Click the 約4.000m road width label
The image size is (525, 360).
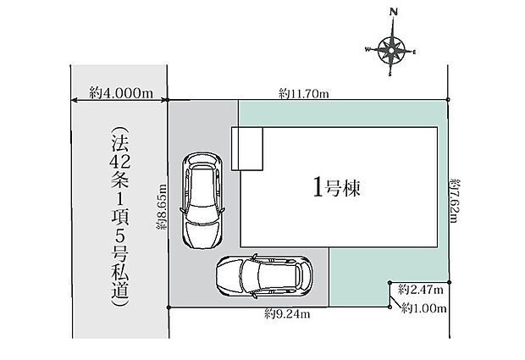click(121, 93)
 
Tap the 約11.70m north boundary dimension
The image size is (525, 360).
click(304, 93)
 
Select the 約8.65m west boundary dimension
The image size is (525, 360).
click(162, 207)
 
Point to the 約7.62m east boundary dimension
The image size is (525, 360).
click(456, 201)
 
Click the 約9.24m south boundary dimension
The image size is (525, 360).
click(288, 314)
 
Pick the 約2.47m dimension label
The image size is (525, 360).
click(421, 290)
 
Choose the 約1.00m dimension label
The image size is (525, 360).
click(424, 307)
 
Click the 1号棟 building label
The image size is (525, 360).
click(337, 187)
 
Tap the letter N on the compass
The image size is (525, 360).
click(394, 13)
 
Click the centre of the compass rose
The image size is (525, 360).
click(390, 51)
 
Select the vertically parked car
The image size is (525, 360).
click(202, 200)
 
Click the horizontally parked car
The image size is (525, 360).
click(264, 276)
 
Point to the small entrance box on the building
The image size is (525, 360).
click(247, 149)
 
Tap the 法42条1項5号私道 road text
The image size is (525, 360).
click(120, 217)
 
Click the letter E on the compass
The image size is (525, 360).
click(414, 52)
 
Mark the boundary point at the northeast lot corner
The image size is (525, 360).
click(448, 99)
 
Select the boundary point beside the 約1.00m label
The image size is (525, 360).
click(390, 307)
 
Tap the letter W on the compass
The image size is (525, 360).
click(367, 50)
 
